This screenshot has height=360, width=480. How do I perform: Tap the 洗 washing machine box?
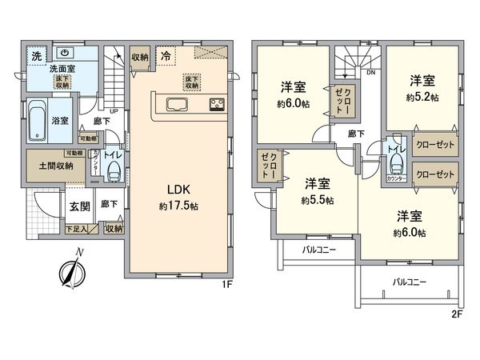coord(36,55)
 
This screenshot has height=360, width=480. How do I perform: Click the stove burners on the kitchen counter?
coord(217,103)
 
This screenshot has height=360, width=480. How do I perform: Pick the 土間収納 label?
coord(55,166)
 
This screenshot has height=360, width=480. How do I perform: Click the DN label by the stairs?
coord(370,72)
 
